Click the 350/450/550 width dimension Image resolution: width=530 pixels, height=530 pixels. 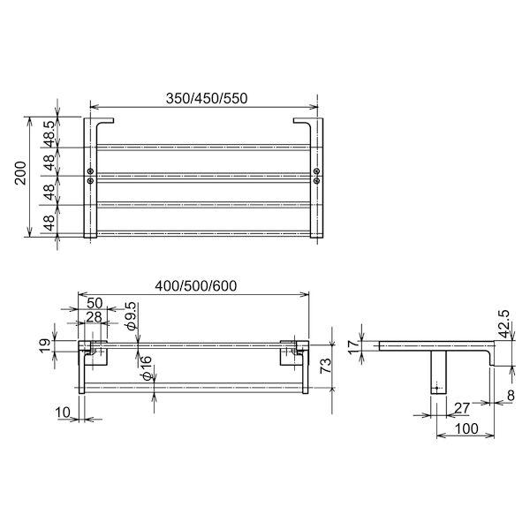(x=204, y=100)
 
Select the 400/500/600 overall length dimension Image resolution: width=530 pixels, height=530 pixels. (x=196, y=286)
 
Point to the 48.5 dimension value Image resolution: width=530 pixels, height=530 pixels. (x=49, y=132)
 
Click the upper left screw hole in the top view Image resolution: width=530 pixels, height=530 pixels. (x=92, y=170)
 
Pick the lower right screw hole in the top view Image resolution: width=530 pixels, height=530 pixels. (x=317, y=179)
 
